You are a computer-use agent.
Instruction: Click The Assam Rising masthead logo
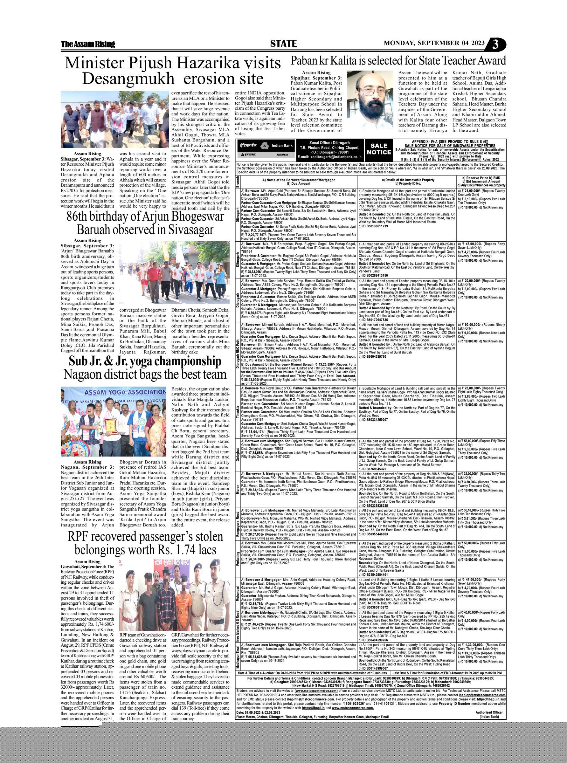(88, 44)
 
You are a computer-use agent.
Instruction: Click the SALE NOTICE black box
(379, 149)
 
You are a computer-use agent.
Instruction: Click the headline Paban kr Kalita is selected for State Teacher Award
(398, 60)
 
